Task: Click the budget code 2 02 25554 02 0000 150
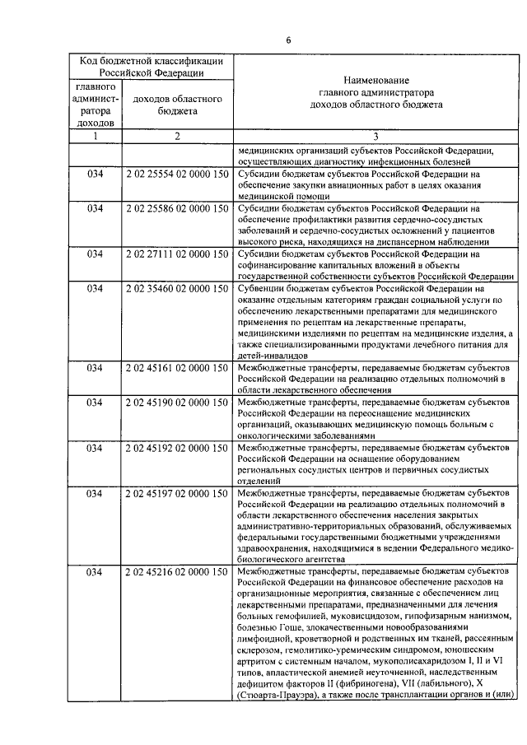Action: coord(177,175)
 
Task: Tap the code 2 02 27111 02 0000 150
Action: coord(177,254)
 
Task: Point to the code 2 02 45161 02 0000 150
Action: coord(177,366)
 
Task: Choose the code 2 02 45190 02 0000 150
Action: coord(177,402)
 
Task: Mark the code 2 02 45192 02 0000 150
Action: coord(177,448)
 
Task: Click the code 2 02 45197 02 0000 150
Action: coord(177,493)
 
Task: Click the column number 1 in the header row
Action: coord(94,137)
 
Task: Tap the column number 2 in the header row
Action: coord(177,137)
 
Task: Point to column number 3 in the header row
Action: coord(375,137)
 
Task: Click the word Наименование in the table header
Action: coord(375,81)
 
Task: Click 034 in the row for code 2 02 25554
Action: coord(94,175)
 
